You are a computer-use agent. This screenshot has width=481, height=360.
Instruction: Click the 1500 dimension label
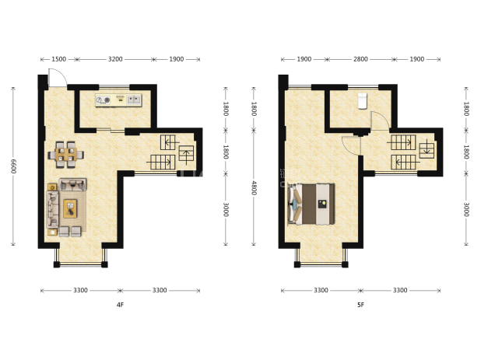click(x=58, y=59)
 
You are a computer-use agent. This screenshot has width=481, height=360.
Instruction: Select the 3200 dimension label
click(x=115, y=59)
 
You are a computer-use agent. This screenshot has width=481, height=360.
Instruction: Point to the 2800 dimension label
click(x=360, y=59)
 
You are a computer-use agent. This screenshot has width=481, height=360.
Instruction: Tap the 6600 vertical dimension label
click(x=13, y=166)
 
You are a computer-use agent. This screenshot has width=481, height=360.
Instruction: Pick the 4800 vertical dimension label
click(x=254, y=188)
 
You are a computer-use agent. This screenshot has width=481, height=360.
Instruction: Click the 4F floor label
click(x=120, y=305)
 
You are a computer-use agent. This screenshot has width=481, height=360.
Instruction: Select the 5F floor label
click(x=360, y=305)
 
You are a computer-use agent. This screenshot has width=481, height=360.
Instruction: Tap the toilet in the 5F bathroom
click(x=362, y=101)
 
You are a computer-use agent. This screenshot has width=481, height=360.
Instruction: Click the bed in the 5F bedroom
click(x=311, y=204)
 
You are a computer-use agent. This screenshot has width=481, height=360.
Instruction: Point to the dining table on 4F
click(x=66, y=155)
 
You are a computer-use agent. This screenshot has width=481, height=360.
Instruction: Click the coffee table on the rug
click(x=70, y=208)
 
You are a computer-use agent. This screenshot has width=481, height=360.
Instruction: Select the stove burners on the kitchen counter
click(x=103, y=100)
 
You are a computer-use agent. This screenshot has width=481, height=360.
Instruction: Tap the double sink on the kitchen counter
click(x=134, y=100)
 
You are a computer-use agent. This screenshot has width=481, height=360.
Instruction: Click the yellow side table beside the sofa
click(x=52, y=187)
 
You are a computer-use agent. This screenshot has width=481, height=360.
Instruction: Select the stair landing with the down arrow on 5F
click(x=427, y=150)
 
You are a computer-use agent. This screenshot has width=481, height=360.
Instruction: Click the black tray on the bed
click(x=321, y=204)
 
